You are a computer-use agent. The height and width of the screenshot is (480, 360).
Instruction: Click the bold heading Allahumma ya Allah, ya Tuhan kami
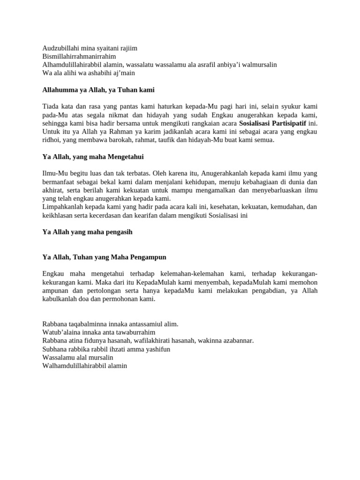tap(98, 90)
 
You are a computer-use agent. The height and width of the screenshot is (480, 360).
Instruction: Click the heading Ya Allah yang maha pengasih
tap(88, 232)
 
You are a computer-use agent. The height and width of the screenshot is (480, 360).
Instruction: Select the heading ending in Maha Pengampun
tap(105, 257)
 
